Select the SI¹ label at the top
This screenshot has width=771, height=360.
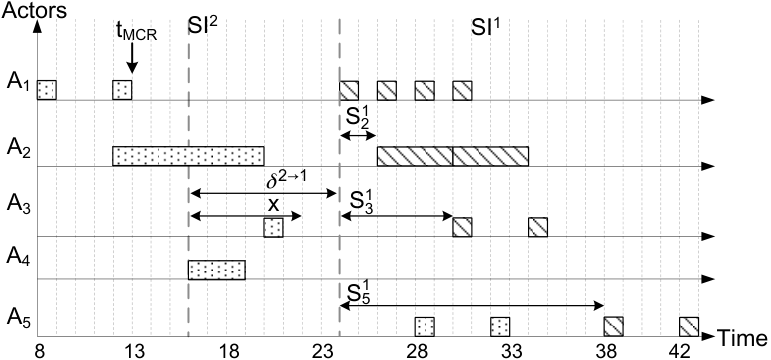(x=486, y=28)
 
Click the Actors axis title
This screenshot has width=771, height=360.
(x=33, y=10)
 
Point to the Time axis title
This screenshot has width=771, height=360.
(x=743, y=338)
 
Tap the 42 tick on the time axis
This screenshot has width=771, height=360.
(x=688, y=351)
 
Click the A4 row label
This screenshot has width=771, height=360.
(x=19, y=256)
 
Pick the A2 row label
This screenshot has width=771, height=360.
(x=19, y=147)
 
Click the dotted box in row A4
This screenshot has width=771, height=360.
(x=216, y=270)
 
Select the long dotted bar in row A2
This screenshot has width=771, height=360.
(x=188, y=156)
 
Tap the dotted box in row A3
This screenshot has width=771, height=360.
(x=273, y=228)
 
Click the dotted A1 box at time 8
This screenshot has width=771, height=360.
(x=47, y=90)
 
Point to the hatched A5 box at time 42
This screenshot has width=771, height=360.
(x=689, y=327)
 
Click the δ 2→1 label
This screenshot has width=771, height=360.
(x=286, y=181)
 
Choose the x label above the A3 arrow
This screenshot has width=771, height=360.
(x=273, y=205)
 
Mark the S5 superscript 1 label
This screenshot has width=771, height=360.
(x=361, y=294)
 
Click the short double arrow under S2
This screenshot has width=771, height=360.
(x=358, y=136)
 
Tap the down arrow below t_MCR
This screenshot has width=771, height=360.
(x=132, y=59)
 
